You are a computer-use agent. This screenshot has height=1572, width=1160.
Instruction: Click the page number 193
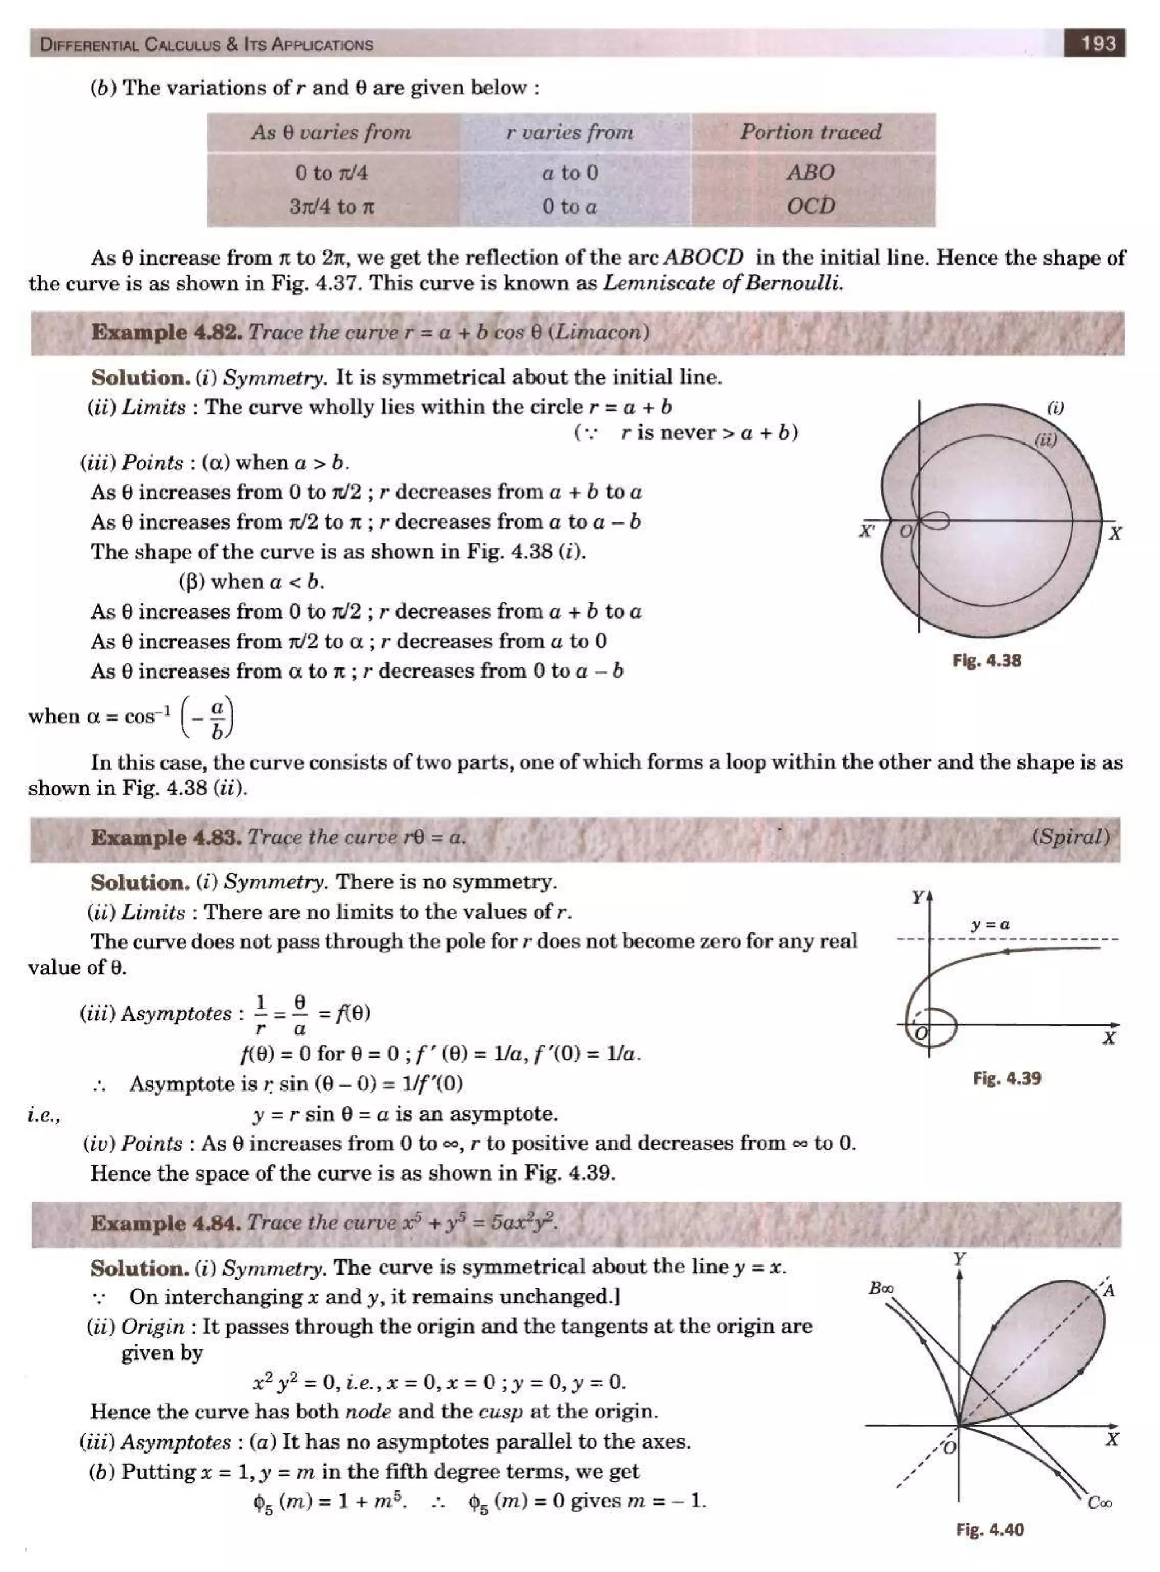coord(1098,43)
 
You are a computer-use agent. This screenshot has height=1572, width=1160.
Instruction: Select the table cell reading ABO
coord(811,172)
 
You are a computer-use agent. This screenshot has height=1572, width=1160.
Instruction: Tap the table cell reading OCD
coord(811,206)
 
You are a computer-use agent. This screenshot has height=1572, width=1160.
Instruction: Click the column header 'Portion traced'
coord(811,132)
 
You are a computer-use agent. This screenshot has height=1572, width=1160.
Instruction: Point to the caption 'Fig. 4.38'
coord(987,660)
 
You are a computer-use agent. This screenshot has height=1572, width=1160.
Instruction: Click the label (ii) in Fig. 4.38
coord(1046,440)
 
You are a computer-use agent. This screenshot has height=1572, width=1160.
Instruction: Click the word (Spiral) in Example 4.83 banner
coord(1070,837)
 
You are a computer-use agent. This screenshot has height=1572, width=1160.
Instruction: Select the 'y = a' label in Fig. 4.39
coord(990,924)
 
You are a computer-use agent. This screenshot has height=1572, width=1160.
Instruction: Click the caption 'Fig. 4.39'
coord(1007,1077)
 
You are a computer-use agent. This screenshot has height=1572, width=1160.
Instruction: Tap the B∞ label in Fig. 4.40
coord(881,1288)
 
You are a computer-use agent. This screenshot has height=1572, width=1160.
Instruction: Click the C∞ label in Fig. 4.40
coord(1099,1502)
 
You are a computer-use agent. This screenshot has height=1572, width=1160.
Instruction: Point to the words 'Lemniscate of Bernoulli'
coord(723,284)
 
